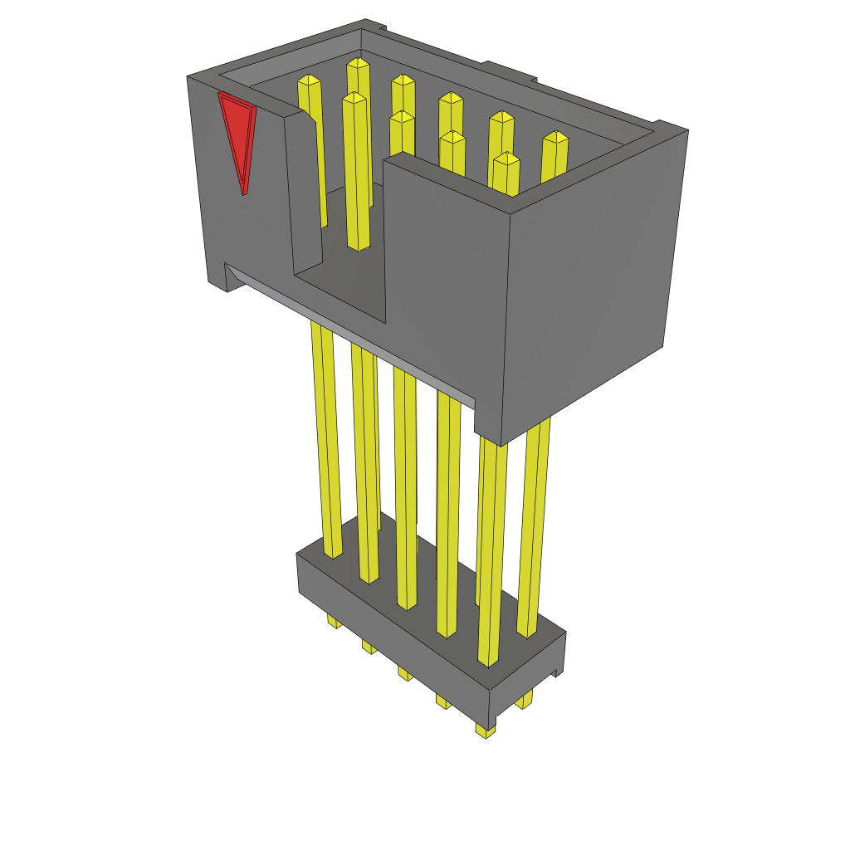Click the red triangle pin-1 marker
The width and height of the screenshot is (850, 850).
[238, 133]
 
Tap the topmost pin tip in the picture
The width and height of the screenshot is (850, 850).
[358, 63]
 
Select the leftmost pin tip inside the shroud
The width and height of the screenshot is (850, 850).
[309, 80]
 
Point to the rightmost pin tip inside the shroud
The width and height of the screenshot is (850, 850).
[555, 137]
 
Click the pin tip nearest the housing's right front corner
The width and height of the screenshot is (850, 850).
[506, 159]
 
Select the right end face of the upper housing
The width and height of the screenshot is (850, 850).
[594, 274]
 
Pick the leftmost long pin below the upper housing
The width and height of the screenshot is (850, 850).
[325, 440]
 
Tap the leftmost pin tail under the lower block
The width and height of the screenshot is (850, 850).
[334, 621]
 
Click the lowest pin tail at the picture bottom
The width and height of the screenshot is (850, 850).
[486, 730]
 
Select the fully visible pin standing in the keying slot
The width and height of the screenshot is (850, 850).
[357, 174]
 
